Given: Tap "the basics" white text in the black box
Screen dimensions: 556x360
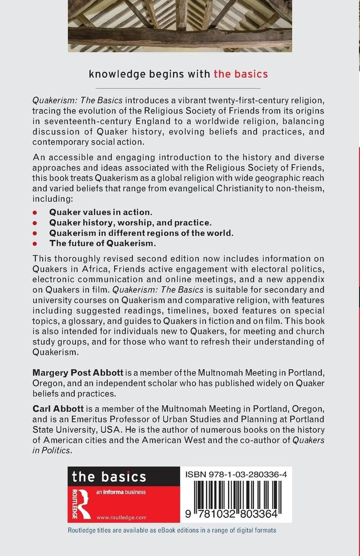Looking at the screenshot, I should pos(109,477).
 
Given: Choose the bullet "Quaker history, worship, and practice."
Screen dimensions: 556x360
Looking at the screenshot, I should pos(130,222).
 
